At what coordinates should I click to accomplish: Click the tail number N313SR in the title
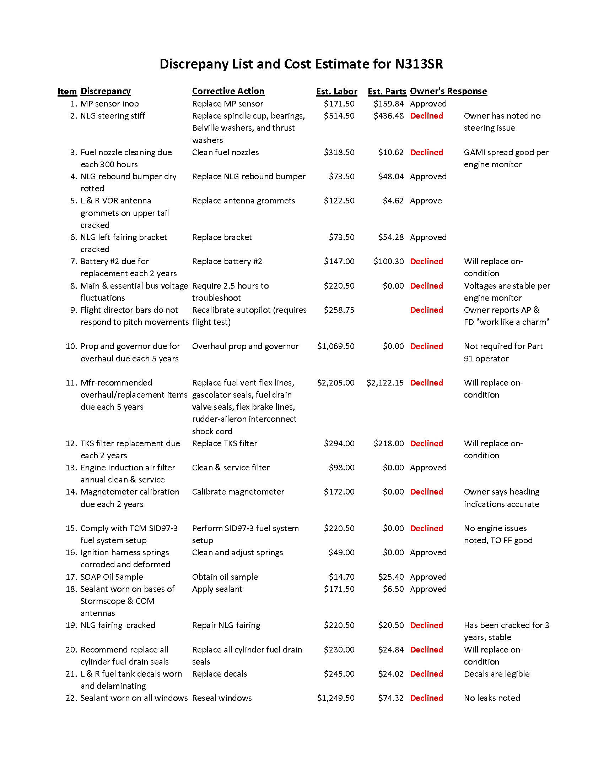[419, 64]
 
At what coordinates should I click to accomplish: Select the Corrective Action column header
[228, 91]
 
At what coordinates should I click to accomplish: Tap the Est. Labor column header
[336, 92]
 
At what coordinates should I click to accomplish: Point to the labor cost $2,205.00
[335, 383]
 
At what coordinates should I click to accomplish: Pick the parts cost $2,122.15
[385, 383]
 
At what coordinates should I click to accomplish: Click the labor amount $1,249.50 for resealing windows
[335, 698]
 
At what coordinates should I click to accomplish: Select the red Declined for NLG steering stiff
[426, 116]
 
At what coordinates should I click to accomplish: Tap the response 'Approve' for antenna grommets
[425, 201]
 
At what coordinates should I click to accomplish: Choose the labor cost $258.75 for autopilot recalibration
[339, 310]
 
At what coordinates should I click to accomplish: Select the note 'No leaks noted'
[492, 698]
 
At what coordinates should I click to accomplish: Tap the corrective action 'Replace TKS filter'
[224, 443]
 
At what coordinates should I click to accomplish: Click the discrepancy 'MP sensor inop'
[109, 104]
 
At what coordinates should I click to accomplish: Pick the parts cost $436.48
[388, 116]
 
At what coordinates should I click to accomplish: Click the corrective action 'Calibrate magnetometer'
[238, 492]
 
